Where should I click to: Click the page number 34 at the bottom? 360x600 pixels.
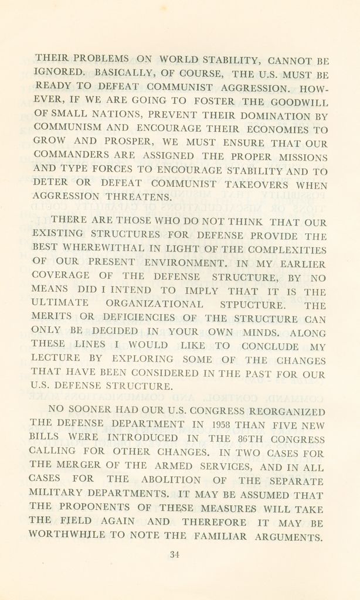[x=174, y=555]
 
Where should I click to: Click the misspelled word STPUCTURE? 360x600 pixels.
[x=252, y=305]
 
